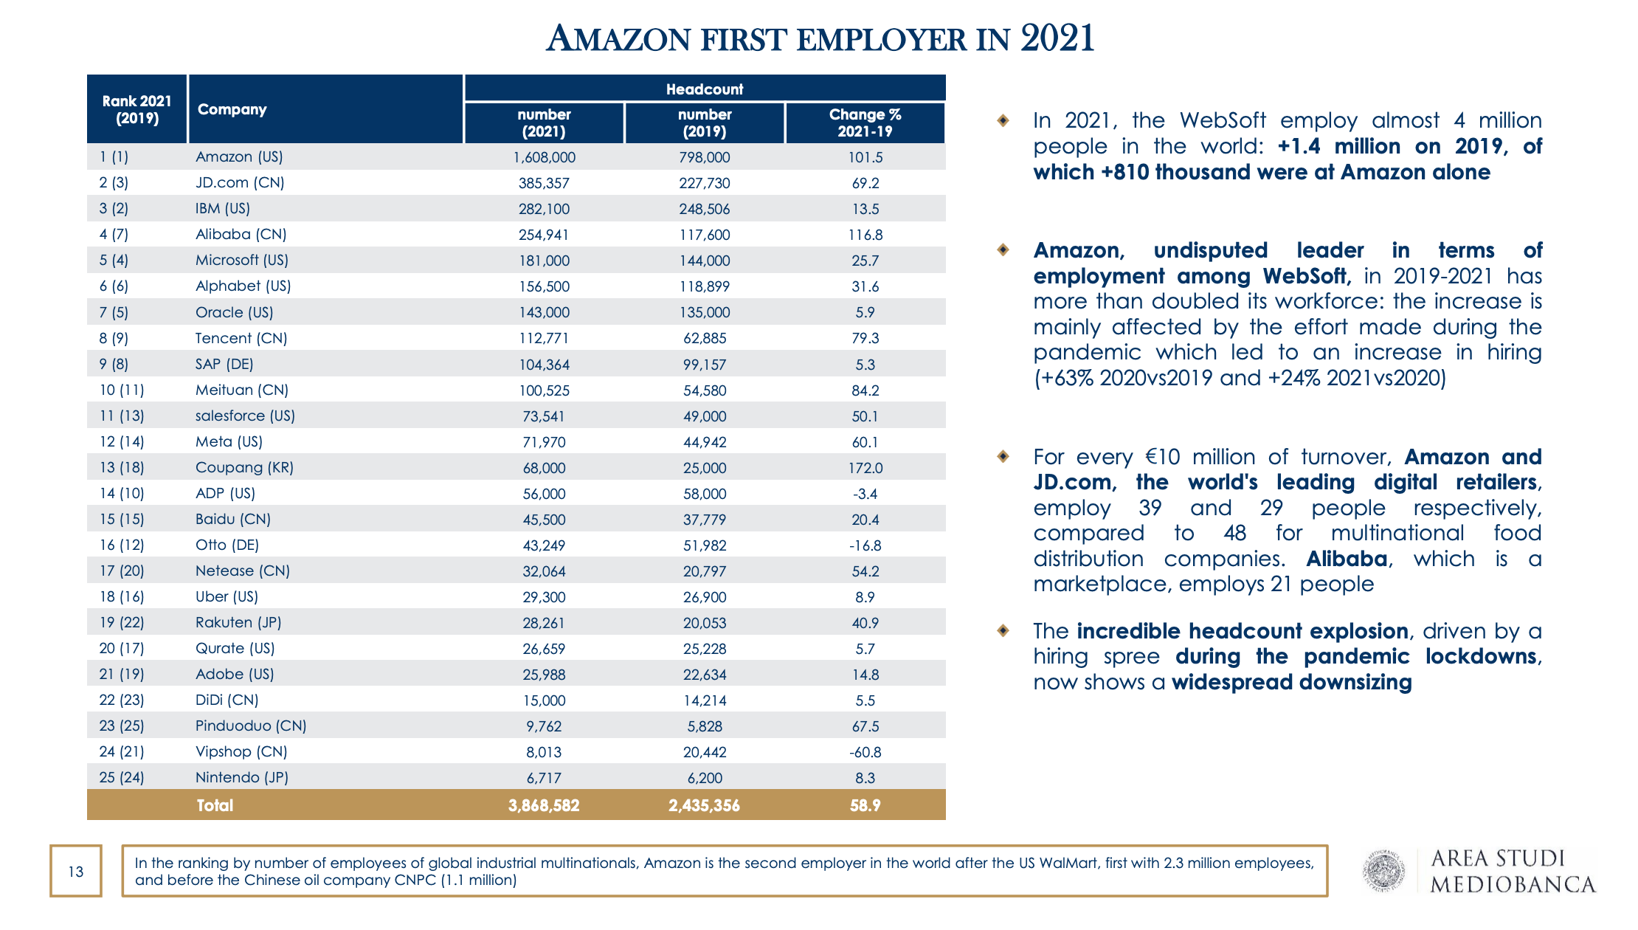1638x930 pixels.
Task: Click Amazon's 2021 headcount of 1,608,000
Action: pyautogui.click(x=544, y=157)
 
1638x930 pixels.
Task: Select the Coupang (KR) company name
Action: pyautogui.click(x=244, y=467)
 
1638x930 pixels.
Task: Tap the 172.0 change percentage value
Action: pyautogui.click(x=865, y=468)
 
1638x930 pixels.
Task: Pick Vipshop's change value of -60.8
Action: pyautogui.click(x=865, y=752)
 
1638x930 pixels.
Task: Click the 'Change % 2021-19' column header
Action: pyautogui.click(x=865, y=123)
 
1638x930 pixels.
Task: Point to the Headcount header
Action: pyautogui.click(x=705, y=89)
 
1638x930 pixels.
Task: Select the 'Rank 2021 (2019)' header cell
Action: pyautogui.click(x=137, y=109)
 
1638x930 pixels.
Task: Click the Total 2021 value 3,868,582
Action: pyautogui.click(x=544, y=805)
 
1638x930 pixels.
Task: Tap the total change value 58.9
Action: pyautogui.click(x=865, y=805)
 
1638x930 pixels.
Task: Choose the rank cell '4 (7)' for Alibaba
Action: pyautogui.click(x=114, y=235)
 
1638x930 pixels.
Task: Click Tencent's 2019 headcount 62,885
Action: pyautogui.click(x=705, y=339)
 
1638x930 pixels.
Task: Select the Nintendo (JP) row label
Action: pyautogui.click(x=241, y=777)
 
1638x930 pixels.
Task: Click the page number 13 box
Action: pyautogui.click(x=76, y=872)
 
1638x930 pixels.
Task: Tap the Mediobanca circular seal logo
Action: pyautogui.click(x=1383, y=872)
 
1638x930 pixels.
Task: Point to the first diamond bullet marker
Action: pyautogui.click(x=1003, y=120)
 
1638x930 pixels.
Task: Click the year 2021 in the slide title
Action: pyautogui.click(x=1057, y=38)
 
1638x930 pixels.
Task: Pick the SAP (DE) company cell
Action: pyautogui.click(x=224, y=364)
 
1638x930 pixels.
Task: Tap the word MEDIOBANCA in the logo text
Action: pyautogui.click(x=1513, y=884)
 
